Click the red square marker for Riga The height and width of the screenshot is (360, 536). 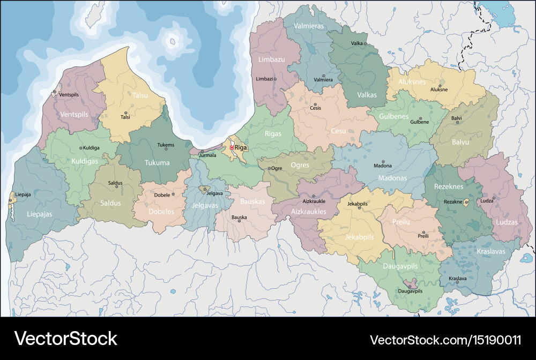(x=232, y=147)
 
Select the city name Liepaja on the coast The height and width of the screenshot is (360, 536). (x=23, y=194)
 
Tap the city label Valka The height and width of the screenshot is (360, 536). (x=357, y=43)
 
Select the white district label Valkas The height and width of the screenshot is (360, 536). (x=367, y=95)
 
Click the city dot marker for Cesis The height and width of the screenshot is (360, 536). (x=315, y=104)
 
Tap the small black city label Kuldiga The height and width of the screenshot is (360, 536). (x=92, y=148)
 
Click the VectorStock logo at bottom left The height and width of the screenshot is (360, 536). (x=65, y=338)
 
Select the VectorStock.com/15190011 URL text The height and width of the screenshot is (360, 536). (x=445, y=340)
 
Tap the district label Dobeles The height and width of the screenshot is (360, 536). (x=161, y=212)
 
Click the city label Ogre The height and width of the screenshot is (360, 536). (x=277, y=168)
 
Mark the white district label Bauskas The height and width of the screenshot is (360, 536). (x=252, y=201)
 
